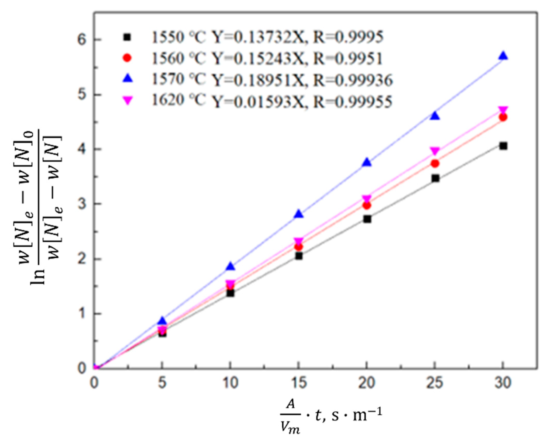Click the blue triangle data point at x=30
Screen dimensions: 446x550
pos(503,56)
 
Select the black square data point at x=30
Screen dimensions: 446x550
pos(503,146)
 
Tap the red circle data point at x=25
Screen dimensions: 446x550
pos(435,163)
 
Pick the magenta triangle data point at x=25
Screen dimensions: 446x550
pos(435,151)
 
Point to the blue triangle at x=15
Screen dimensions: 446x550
pos(299,214)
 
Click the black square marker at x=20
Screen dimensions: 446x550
pos(367,219)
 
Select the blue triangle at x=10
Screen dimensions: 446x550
pos(230,266)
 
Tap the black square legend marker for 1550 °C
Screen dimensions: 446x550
pos(127,37)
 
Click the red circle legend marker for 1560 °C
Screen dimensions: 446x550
pos(127,58)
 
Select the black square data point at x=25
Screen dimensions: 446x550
pos(435,178)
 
